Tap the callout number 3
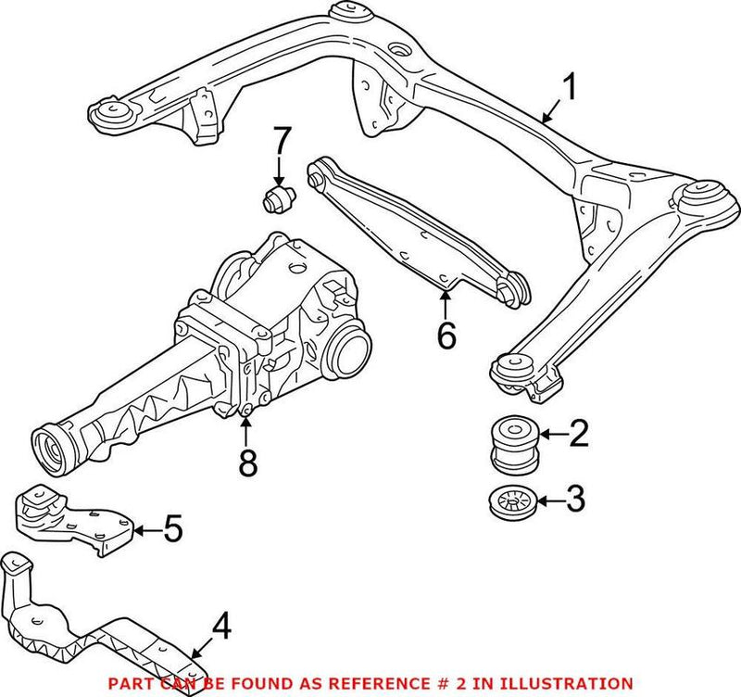click(x=575, y=501)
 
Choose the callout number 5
click(x=172, y=530)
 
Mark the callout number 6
click(x=446, y=336)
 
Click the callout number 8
click(x=246, y=462)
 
